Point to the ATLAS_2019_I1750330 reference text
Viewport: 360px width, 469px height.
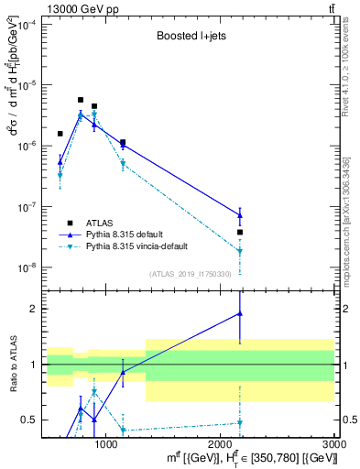191,274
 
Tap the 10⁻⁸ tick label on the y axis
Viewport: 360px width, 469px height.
27,267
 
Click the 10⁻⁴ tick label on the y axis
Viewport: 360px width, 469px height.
27,24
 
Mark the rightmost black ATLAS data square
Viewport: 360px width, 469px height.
240,232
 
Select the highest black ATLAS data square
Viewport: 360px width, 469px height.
81,100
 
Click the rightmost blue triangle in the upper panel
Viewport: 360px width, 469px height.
240,215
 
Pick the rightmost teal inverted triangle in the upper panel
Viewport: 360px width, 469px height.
240,251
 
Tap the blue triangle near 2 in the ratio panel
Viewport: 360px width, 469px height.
240,313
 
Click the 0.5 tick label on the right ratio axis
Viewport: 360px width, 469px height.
348,420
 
